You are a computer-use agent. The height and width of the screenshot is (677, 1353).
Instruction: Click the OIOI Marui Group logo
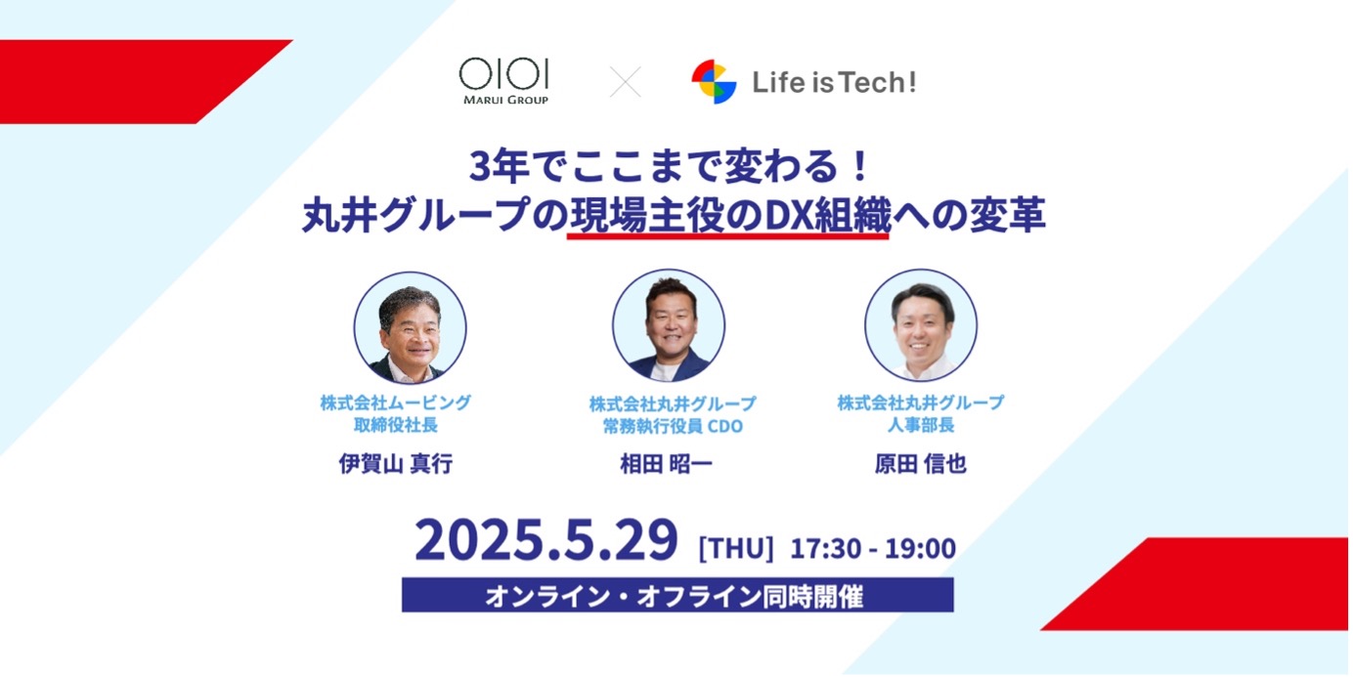click(x=503, y=81)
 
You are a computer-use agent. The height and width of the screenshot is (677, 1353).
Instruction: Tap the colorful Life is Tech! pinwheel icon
click(x=714, y=81)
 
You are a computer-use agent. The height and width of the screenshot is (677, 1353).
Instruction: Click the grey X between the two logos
click(x=625, y=82)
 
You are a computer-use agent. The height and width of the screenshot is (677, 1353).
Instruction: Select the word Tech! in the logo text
click(x=876, y=82)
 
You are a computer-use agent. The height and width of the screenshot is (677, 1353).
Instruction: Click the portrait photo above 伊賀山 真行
click(x=411, y=327)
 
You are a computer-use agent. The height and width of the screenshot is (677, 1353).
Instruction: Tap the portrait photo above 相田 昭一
click(x=669, y=325)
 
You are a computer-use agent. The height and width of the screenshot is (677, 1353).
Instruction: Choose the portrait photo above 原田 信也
click(x=921, y=325)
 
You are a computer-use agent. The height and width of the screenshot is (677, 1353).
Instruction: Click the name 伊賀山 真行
click(x=396, y=463)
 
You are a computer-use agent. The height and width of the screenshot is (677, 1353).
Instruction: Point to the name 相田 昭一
click(x=666, y=463)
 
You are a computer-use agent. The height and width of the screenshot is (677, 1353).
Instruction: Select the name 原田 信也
click(x=921, y=463)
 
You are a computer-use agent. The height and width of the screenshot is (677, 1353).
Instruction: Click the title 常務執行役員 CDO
click(x=673, y=426)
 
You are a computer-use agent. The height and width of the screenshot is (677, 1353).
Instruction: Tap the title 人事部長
click(x=921, y=425)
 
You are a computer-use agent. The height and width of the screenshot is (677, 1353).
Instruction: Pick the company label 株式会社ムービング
click(x=396, y=402)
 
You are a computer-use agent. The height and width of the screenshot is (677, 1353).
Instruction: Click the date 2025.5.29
click(x=546, y=539)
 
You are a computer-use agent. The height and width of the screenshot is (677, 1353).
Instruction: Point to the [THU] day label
click(x=736, y=548)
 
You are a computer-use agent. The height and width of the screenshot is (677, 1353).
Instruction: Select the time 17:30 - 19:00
click(x=873, y=548)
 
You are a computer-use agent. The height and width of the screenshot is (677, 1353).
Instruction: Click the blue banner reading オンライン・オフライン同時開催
click(x=677, y=595)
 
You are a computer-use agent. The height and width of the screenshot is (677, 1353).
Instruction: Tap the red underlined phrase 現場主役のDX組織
click(x=729, y=216)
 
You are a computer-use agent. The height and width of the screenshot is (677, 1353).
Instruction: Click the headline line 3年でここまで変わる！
click(x=671, y=166)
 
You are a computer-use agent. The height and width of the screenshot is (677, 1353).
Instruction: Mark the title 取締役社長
click(x=396, y=425)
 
